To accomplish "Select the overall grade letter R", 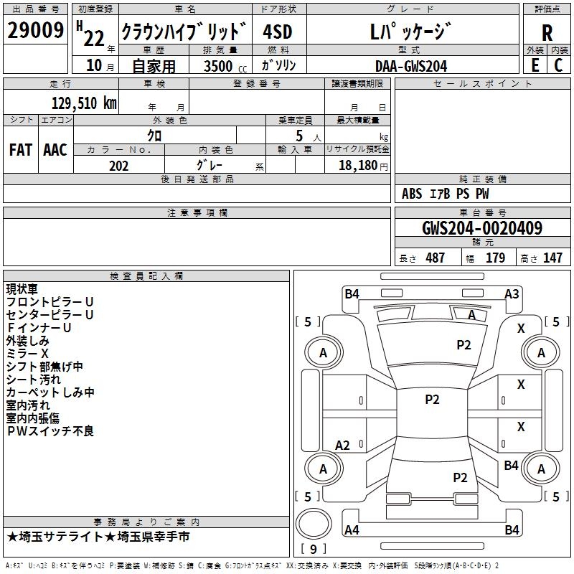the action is coord(547,32).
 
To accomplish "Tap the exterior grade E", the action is coord(534,65).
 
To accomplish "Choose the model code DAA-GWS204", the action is coord(410,66).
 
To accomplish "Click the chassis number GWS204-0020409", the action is coord(482,228).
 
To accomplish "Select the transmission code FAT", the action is coord(21,149).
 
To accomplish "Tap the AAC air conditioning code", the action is coord(55,149).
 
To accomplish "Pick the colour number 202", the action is coord(118,166).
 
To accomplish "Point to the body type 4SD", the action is coord(278,32).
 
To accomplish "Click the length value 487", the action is coord(435,258).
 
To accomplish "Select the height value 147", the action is coord(552,258).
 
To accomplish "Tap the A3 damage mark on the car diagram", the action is coord(512,293).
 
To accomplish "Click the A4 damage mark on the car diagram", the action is coord(352,530).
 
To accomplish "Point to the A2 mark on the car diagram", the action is coord(342,446).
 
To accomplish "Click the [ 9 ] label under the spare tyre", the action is coord(313,549).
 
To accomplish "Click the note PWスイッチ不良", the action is coord(50,431).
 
